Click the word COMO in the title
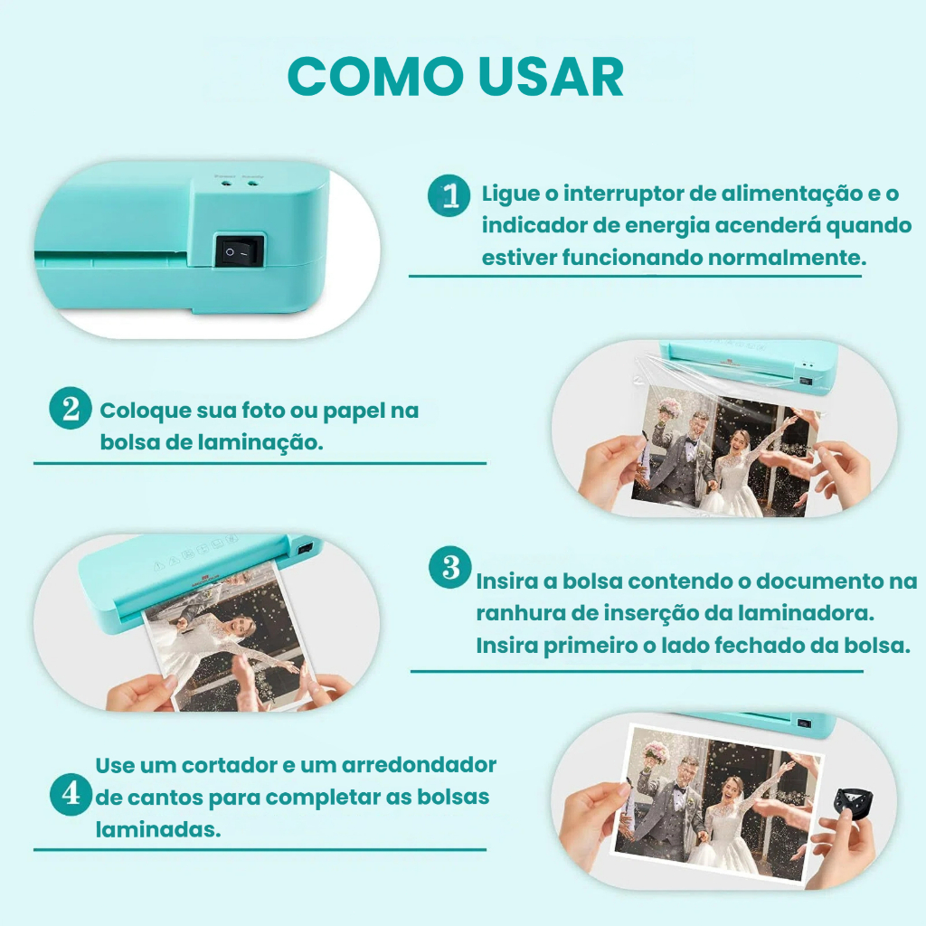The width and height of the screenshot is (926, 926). (x=375, y=77)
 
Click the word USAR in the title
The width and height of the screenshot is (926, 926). (x=551, y=77)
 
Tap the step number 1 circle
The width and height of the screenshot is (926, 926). (x=449, y=195)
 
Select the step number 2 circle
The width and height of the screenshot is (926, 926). (x=71, y=408)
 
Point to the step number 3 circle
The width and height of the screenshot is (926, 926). (x=450, y=567)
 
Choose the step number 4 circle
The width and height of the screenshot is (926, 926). (x=71, y=794)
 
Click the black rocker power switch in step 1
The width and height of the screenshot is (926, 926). (x=239, y=251)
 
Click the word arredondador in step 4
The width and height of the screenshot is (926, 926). (x=419, y=765)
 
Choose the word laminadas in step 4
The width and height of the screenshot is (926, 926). (x=158, y=830)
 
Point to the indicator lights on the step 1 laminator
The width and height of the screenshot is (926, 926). (x=239, y=184)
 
